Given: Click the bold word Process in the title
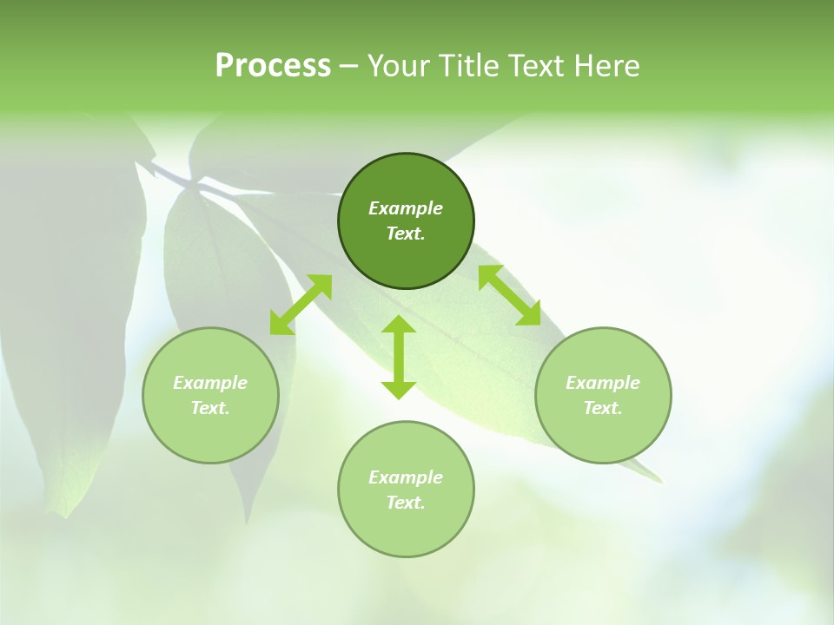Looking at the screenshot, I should (273, 66).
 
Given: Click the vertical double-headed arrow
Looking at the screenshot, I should (399, 357).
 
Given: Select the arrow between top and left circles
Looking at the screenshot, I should (301, 305).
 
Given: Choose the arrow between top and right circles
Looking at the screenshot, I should (510, 295).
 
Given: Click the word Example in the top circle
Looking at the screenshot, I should (406, 208).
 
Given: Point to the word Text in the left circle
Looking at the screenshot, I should (210, 408).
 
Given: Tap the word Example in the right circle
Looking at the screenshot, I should (603, 383).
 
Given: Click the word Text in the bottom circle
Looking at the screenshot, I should (406, 503).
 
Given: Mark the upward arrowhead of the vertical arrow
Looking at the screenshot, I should (399, 326).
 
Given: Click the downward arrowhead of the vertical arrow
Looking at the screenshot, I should (399, 389).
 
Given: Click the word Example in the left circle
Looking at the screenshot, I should (210, 383).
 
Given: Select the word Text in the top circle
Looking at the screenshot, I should (406, 234).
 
